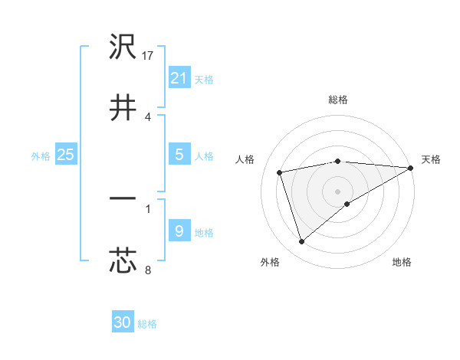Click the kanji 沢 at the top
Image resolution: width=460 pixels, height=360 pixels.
[123, 47]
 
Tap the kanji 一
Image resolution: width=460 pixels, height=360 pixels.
[123, 198]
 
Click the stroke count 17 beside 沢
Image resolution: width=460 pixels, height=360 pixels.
[149, 56]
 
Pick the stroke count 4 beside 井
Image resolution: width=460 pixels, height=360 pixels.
[147, 116]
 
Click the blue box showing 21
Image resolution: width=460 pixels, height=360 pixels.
[179, 77]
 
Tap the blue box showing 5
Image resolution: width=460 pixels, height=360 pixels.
[179, 154]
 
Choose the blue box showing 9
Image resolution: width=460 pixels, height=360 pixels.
[179, 231]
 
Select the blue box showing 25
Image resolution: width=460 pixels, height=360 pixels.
[66, 154]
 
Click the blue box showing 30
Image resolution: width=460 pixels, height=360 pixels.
[123, 322]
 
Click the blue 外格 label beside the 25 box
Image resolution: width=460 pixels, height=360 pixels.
[41, 155]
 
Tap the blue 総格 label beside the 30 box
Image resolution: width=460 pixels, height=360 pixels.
[147, 324]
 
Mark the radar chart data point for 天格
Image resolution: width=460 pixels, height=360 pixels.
[411, 168]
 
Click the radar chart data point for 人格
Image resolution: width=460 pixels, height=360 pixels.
[280, 172]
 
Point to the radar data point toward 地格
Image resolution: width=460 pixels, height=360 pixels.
[347, 204]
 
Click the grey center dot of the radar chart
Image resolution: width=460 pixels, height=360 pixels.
[338, 191]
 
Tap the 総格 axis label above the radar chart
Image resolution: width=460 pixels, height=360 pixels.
[338, 100]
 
